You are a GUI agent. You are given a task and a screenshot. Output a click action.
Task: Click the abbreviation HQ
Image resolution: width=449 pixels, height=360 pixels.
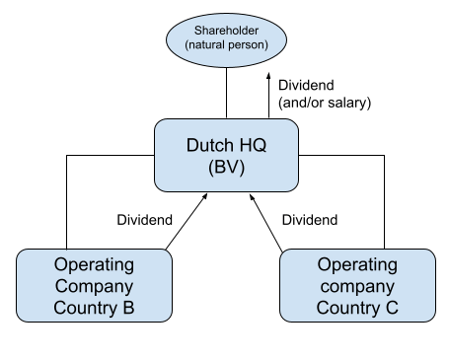click(253, 145)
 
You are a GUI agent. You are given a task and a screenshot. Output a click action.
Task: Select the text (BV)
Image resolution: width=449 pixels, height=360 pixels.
click(226, 168)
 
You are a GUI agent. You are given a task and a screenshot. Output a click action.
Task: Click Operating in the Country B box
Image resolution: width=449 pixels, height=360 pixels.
click(94, 264)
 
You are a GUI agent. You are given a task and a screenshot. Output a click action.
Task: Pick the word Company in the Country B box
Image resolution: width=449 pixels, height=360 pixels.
click(94, 286)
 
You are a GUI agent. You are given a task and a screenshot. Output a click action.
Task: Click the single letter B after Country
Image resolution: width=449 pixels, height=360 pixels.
click(128, 308)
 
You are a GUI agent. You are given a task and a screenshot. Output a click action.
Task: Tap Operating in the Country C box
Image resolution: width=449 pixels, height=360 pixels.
click(357, 264)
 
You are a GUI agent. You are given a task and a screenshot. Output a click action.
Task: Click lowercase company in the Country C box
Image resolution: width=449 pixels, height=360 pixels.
click(357, 286)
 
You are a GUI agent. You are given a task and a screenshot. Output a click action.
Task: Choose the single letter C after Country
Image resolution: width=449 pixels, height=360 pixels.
click(392, 308)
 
